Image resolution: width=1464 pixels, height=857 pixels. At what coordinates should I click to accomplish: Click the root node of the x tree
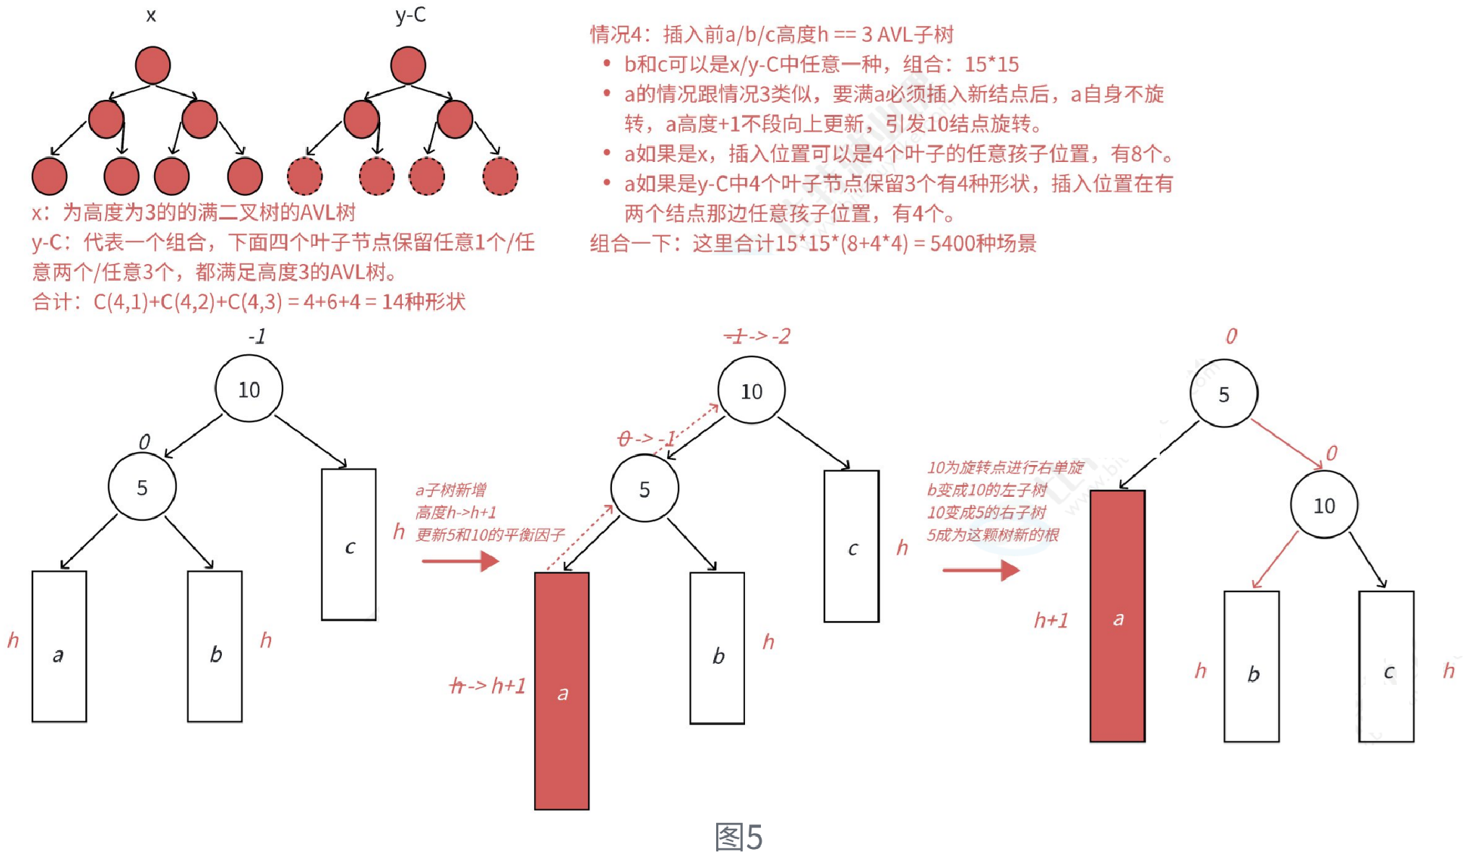152,65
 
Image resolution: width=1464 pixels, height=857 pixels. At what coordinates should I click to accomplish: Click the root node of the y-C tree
408,65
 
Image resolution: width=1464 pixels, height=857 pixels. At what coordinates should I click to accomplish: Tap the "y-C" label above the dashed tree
410,14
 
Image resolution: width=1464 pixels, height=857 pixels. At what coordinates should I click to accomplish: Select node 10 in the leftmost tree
249,389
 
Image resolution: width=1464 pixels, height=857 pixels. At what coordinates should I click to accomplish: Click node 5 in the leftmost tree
142,487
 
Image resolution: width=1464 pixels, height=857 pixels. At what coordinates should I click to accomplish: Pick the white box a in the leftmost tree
59,647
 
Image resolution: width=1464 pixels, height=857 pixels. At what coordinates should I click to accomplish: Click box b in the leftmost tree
215,647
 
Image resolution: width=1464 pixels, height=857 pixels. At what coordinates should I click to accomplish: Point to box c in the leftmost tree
348,545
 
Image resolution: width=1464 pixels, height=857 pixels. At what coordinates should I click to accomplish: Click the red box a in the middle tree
561,691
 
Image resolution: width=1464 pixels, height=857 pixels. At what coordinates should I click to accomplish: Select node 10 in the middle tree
751,391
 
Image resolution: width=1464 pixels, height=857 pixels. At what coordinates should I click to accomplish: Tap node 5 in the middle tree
644,489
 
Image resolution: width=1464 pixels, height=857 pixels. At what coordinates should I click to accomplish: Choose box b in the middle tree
717,648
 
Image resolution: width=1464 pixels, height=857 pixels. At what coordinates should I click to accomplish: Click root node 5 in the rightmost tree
1223,394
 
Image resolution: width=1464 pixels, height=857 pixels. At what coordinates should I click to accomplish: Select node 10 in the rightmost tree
1324,506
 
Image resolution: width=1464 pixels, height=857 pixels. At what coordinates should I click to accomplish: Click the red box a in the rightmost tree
1117,616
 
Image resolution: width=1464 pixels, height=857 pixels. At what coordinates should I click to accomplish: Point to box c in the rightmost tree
1386,667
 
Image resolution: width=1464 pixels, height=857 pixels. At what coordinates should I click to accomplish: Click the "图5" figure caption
738,837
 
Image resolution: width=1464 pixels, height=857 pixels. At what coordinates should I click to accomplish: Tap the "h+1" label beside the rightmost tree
1051,620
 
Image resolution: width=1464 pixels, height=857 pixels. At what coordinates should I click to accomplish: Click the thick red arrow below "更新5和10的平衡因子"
460,560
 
